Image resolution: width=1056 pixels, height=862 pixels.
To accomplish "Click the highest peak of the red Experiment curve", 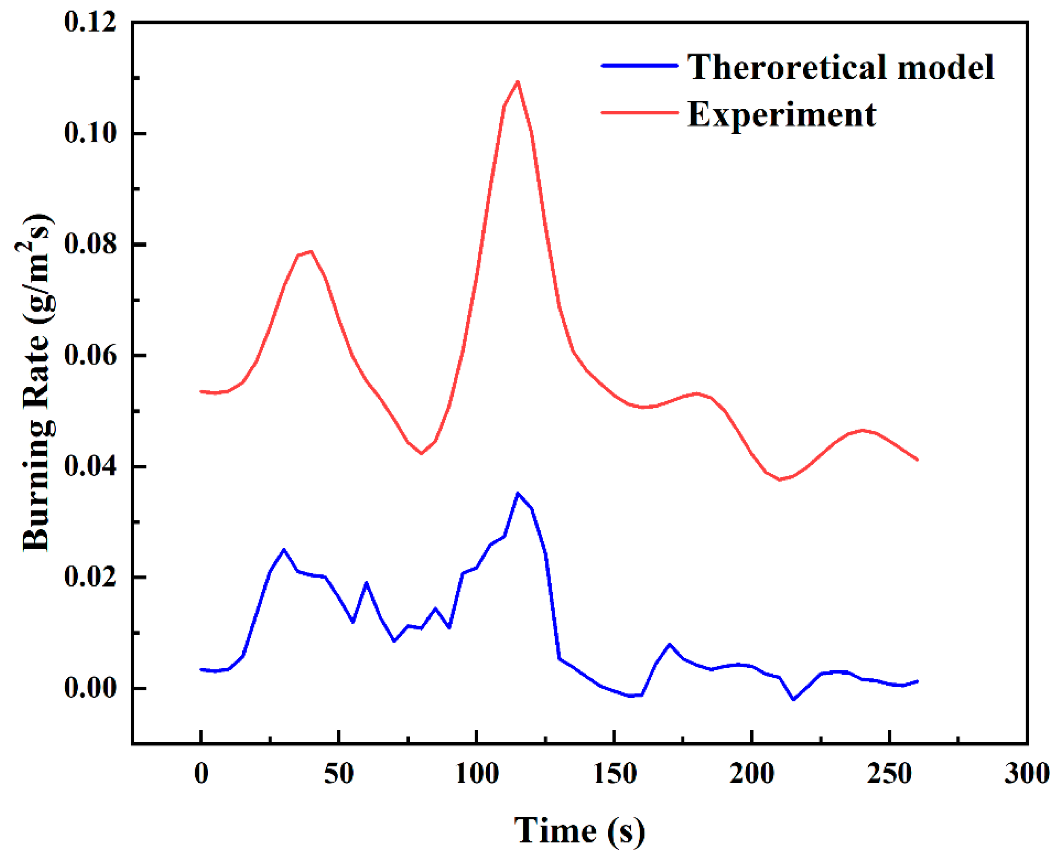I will (x=518, y=81).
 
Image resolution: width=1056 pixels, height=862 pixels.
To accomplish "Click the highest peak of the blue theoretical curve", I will (x=518, y=493).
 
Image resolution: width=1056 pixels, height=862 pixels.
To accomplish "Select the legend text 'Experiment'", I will (x=782, y=114).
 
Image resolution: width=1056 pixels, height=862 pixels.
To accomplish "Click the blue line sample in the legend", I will (x=639, y=66).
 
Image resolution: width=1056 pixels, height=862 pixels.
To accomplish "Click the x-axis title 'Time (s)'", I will (x=580, y=830).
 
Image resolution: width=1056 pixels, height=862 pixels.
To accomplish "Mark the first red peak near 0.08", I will (x=311, y=251).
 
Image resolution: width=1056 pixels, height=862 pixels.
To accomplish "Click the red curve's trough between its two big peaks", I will (x=421, y=453).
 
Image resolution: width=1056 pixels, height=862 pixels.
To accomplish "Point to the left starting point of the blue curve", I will (x=201, y=669).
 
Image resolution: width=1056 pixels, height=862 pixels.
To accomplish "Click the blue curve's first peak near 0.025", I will (x=284, y=549).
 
